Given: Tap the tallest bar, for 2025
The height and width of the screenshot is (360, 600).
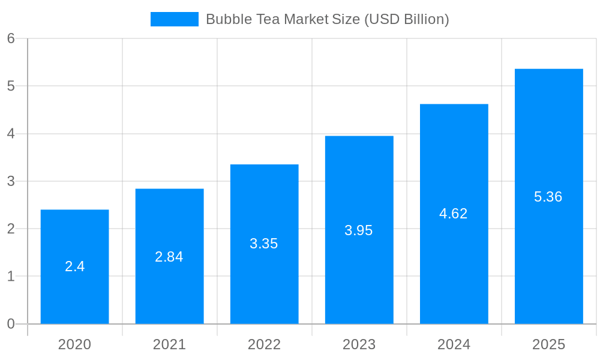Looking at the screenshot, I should [x=548, y=252].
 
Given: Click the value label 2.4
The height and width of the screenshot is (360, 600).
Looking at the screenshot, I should [x=74, y=266].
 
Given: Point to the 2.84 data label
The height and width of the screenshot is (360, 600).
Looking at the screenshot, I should [x=169, y=257].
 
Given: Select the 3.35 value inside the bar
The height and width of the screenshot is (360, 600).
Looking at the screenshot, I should [x=264, y=244].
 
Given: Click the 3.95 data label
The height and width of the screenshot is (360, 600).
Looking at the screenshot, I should [x=359, y=230].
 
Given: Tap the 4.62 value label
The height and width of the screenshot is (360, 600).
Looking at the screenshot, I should [x=454, y=214].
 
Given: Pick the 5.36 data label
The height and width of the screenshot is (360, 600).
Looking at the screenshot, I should [x=548, y=197].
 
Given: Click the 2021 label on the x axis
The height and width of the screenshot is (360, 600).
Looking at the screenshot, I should [x=169, y=344].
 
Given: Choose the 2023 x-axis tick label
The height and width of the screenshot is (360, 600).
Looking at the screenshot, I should [x=359, y=344].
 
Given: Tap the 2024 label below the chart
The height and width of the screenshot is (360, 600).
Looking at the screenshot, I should [x=454, y=344].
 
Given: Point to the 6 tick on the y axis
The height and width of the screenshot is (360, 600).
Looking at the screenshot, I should [x=11, y=38].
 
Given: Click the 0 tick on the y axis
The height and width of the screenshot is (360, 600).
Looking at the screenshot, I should [x=11, y=324].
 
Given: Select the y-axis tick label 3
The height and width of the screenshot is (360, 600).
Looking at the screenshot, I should [x=11, y=181].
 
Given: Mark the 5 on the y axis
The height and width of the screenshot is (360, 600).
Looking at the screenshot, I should [x=11, y=86].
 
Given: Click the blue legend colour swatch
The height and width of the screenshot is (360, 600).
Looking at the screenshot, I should [x=174, y=19].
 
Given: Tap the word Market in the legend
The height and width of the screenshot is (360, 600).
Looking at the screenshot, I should [x=305, y=19].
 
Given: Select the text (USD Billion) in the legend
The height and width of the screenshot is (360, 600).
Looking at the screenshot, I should [x=406, y=19].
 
